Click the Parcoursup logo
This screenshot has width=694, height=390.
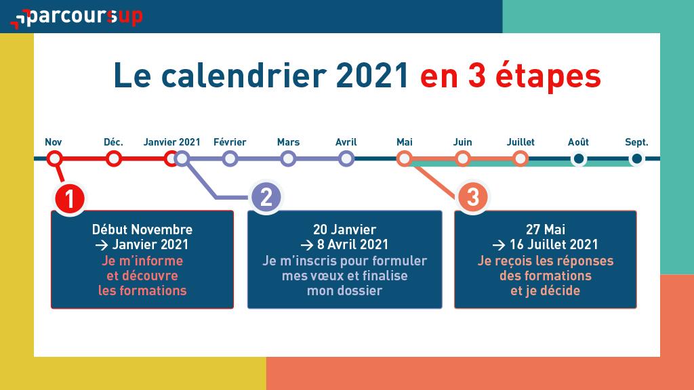tap(76, 18)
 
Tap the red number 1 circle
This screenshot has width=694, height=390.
tap(70, 198)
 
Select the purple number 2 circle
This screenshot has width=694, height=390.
tap(266, 197)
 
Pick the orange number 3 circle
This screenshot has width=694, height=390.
tap(472, 197)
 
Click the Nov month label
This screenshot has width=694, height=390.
tap(53, 142)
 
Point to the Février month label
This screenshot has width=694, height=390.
tap(230, 142)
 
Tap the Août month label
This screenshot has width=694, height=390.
tap(578, 142)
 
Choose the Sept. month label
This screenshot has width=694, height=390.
tap(636, 142)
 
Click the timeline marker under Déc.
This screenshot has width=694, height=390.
tap(114, 158)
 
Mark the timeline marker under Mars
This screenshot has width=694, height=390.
tap(288, 158)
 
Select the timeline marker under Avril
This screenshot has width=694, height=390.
tap(346, 158)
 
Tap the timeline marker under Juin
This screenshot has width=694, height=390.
tap(462, 158)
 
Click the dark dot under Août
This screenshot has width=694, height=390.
tap(579, 158)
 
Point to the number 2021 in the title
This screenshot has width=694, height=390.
tap(372, 76)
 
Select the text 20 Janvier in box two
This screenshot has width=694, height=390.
tap(344, 230)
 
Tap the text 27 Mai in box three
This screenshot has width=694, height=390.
tap(546, 230)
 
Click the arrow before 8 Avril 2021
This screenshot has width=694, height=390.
tap(307, 244)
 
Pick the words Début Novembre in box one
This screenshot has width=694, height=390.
tap(142, 230)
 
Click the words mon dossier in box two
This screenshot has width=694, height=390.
tap(344, 290)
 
